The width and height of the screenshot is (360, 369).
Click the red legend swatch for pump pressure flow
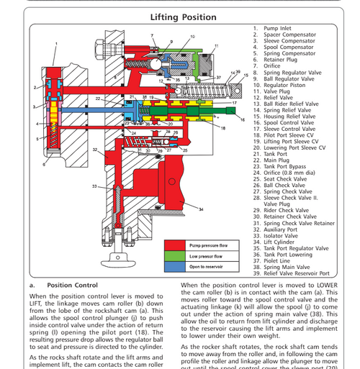point(176,245)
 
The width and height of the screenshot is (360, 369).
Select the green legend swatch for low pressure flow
point(176,255)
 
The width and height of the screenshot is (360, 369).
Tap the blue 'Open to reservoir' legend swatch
point(176,266)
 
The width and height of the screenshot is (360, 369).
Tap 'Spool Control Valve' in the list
point(289,122)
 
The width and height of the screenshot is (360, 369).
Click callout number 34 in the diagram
point(202,209)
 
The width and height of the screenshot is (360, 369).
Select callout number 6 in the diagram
point(45,165)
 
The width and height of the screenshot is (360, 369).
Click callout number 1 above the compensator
point(56,43)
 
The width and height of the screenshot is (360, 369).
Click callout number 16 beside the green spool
point(242,119)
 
